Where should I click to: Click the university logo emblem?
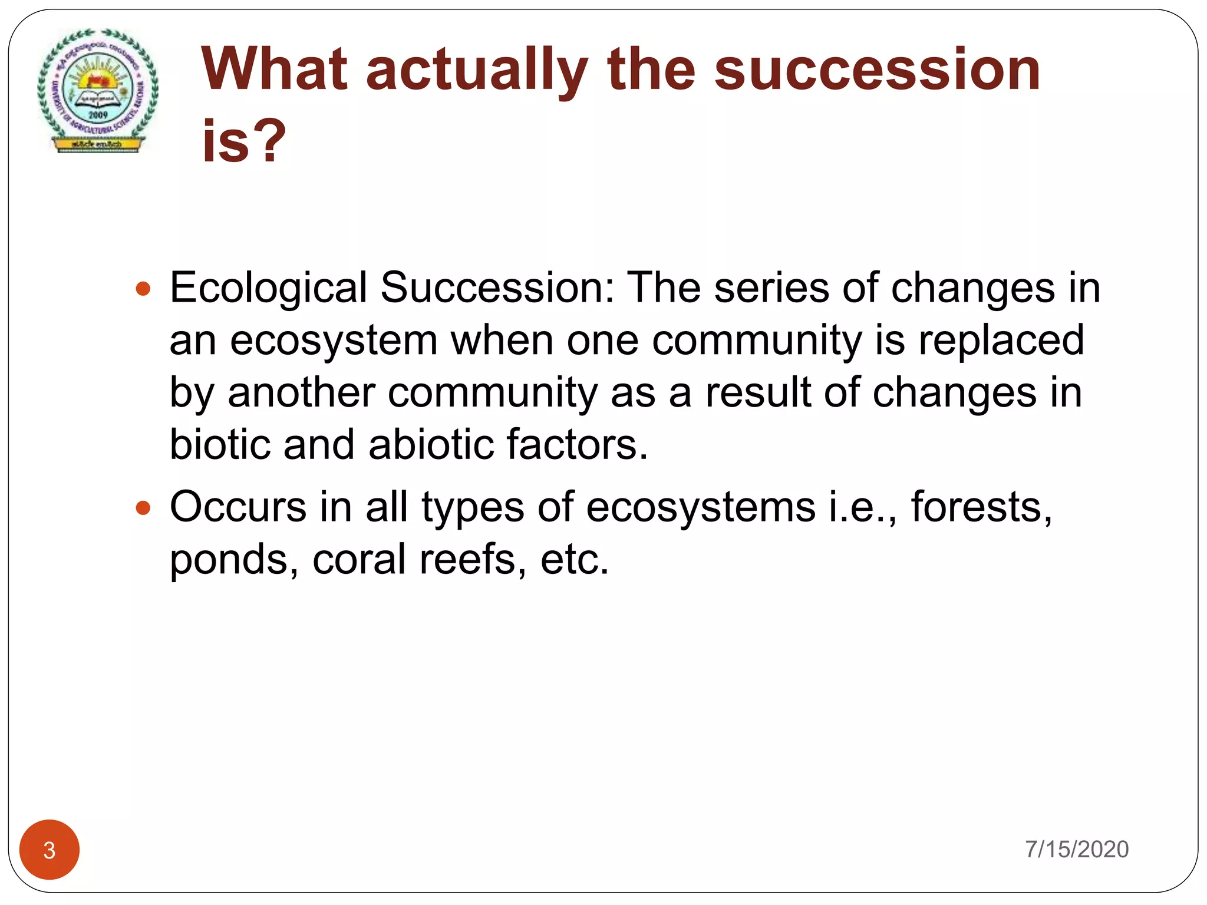[x=97, y=91]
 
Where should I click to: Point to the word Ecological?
[x=268, y=289]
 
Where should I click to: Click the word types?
[x=472, y=508]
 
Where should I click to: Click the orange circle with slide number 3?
[x=50, y=850]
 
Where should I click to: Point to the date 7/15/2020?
[x=1076, y=850]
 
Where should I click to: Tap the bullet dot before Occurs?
[x=143, y=508]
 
